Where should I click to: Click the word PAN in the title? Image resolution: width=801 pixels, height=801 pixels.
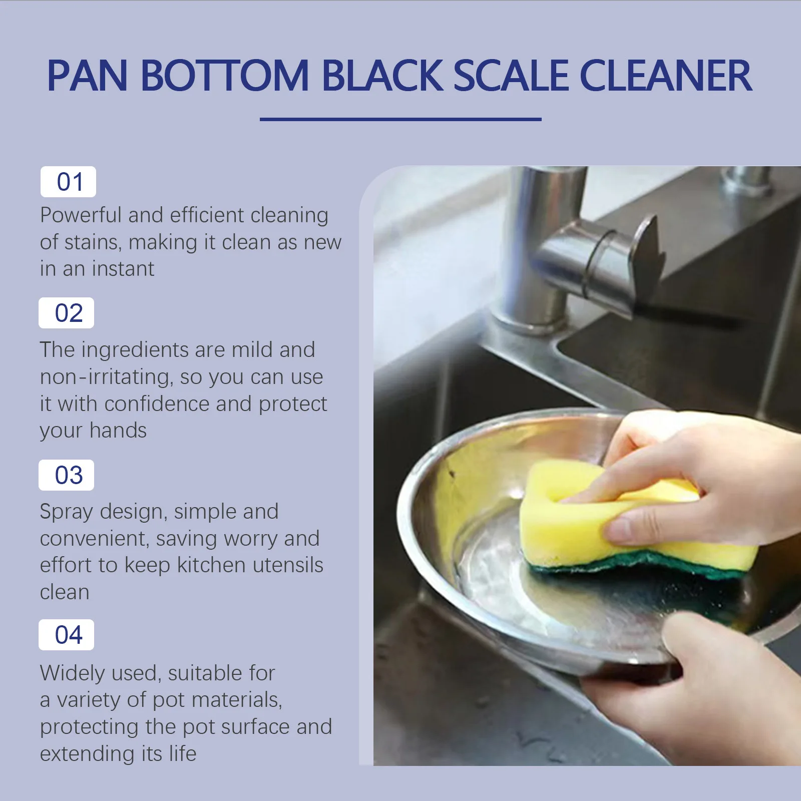tap(88, 76)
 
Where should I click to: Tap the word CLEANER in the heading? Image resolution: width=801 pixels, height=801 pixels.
tap(665, 76)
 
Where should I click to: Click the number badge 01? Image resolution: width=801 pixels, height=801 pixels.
tap(69, 182)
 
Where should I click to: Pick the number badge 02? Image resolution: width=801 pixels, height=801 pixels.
tap(67, 313)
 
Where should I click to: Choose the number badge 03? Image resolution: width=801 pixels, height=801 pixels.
tap(67, 475)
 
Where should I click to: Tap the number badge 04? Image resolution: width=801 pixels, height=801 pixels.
tap(67, 635)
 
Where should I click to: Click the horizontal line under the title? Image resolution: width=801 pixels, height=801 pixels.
tap(400, 119)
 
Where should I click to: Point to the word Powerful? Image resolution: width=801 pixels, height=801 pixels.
tap(81, 216)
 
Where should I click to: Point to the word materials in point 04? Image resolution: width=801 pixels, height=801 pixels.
tap(235, 700)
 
